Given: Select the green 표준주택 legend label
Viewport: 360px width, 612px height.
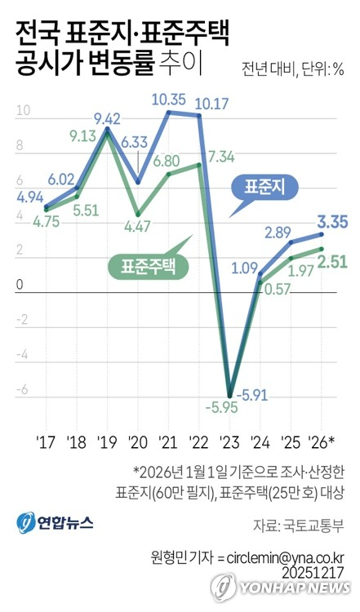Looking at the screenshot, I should click(149, 264).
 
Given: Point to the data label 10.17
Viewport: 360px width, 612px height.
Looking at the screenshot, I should click(212, 104).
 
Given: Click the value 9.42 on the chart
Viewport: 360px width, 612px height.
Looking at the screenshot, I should click(108, 119).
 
